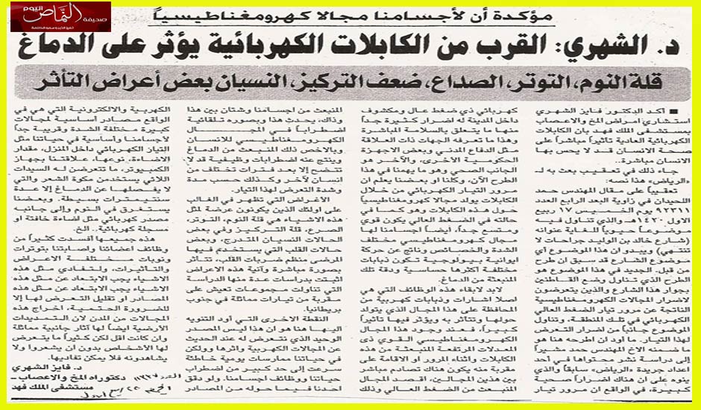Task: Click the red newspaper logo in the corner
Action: [56, 16]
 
